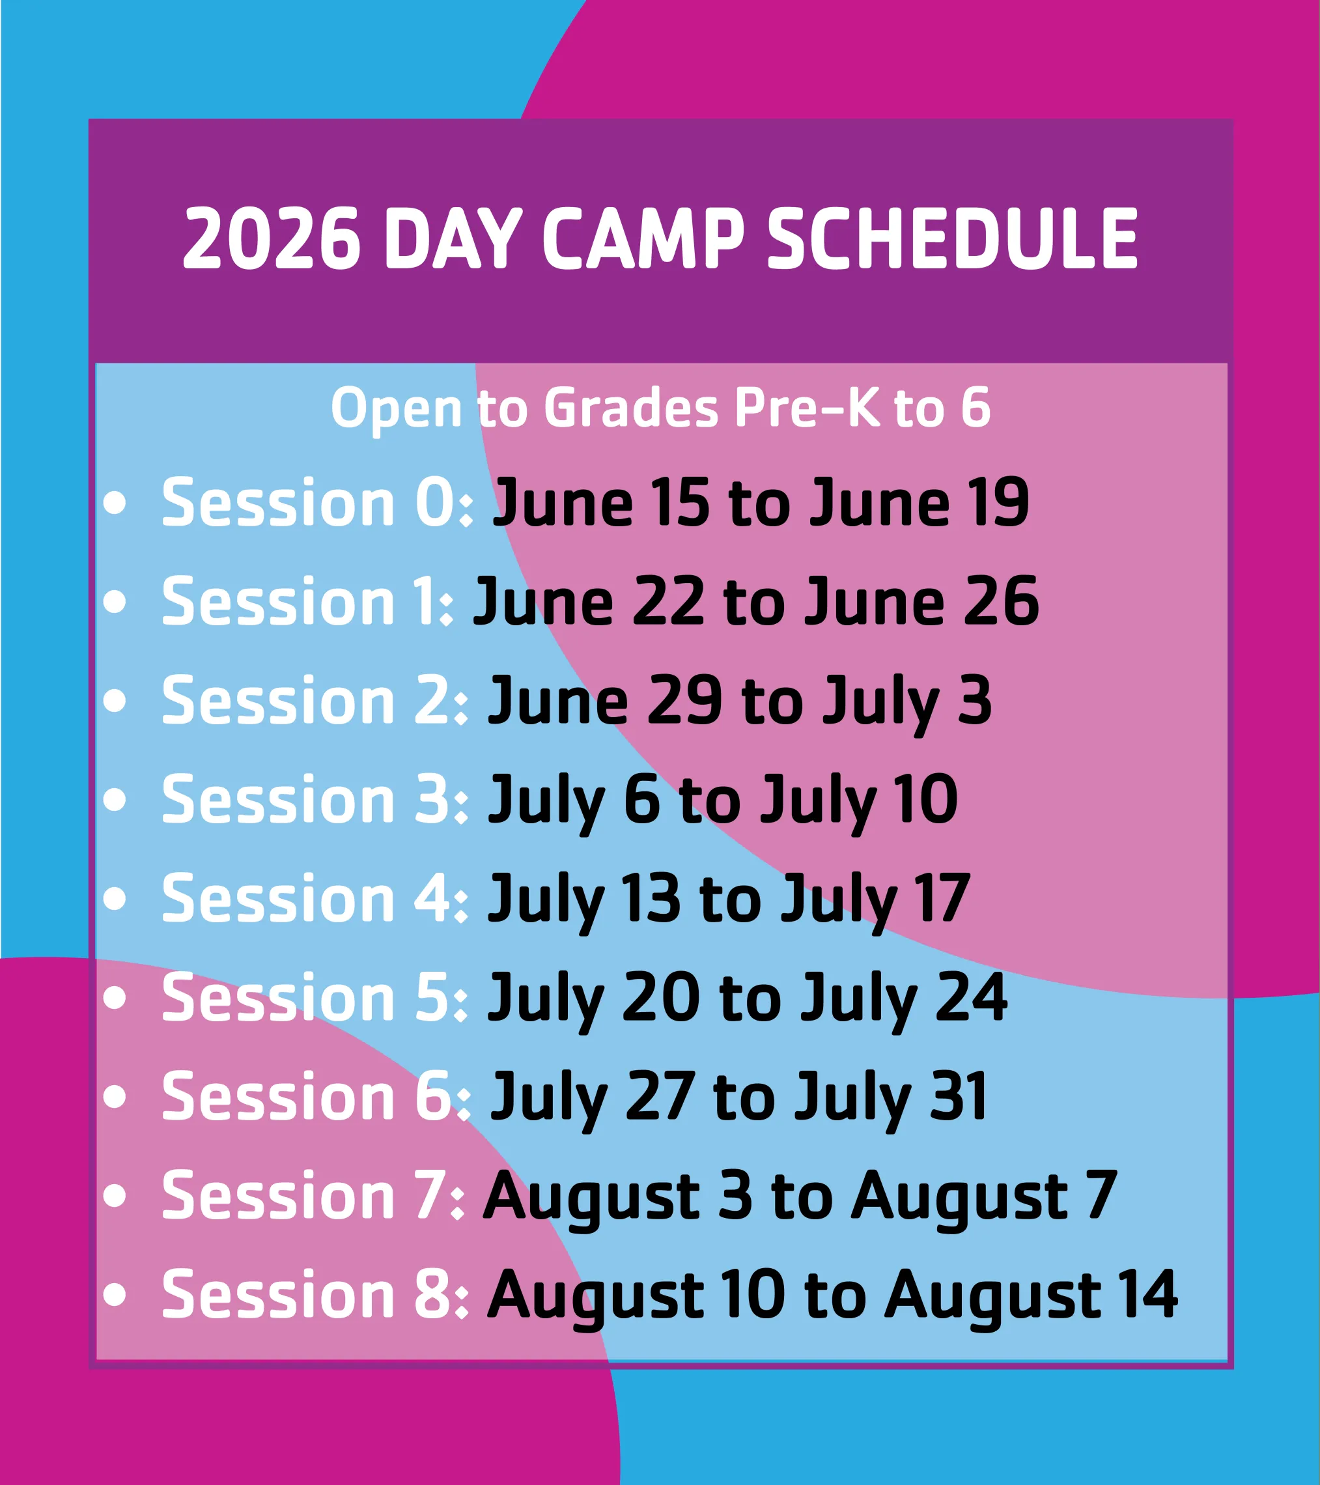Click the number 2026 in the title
(x=271, y=239)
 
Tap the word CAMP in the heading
(x=643, y=239)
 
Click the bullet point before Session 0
(x=115, y=503)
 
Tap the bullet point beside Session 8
(x=115, y=1294)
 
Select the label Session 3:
(x=315, y=799)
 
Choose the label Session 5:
(x=315, y=998)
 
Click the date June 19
(x=920, y=502)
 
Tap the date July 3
(x=907, y=700)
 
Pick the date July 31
(x=891, y=1097)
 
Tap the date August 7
(x=985, y=1196)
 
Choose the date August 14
(x=1031, y=1295)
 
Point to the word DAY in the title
(x=453, y=239)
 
